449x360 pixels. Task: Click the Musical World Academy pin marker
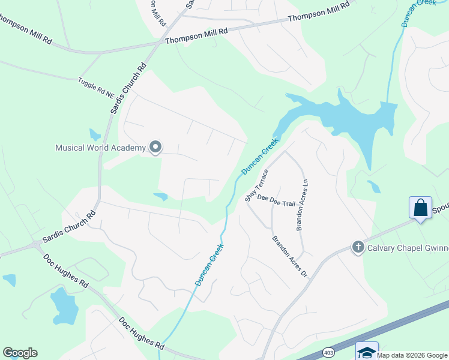tap(155, 147)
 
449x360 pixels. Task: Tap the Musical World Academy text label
tap(100, 148)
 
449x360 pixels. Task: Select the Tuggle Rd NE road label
tap(96, 88)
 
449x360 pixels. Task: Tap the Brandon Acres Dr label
tap(290, 256)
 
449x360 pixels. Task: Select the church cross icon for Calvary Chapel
tap(358, 247)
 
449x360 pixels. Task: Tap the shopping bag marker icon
tap(421, 208)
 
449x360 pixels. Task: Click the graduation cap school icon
tap(367, 352)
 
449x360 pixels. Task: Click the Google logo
tap(20, 353)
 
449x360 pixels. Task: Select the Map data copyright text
tap(412, 355)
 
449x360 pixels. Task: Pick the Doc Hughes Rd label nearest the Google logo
tap(142, 334)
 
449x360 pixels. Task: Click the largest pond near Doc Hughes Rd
tap(64, 305)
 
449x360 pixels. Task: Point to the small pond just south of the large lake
tap(373, 187)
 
